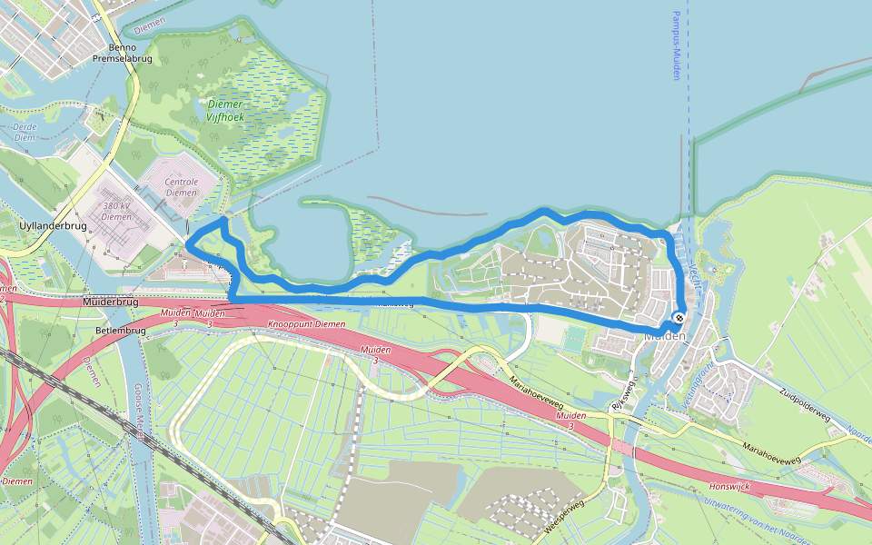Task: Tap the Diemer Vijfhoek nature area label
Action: click(224, 111)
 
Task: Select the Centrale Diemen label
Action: click(181, 187)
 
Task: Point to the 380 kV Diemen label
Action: click(117, 211)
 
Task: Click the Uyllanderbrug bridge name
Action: click(55, 225)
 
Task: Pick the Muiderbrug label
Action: click(108, 302)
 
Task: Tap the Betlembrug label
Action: click(120, 331)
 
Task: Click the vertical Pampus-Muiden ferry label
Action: click(677, 45)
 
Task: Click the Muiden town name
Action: click(664, 336)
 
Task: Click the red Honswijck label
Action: click(730, 486)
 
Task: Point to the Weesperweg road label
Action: click(563, 519)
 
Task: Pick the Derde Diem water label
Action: click(25, 132)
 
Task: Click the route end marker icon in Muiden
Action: click(679, 318)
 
